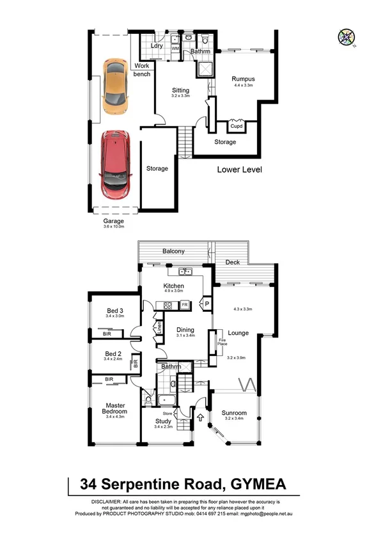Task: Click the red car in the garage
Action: [x=114, y=163]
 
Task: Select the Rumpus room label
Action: [x=243, y=79]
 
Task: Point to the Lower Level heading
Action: [x=239, y=170]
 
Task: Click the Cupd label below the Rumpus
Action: [x=237, y=126]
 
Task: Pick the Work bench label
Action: [x=142, y=70]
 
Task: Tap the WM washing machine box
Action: [x=175, y=48]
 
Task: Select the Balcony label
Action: [x=173, y=251]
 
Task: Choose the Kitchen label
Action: [x=174, y=286]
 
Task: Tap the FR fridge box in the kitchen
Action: [x=184, y=306]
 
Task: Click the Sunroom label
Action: [x=235, y=413]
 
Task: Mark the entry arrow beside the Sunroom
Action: [x=202, y=419]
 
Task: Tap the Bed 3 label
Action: [x=114, y=311]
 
